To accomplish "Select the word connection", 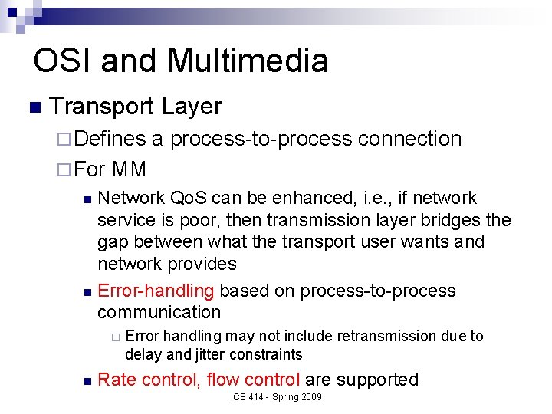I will tap(409, 139).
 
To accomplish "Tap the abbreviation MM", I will tap(129, 168).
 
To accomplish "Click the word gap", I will tap(113, 242).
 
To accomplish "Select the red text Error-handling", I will tap(156, 291).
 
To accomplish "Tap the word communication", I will tap(159, 312).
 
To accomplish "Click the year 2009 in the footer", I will tap(311, 397).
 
